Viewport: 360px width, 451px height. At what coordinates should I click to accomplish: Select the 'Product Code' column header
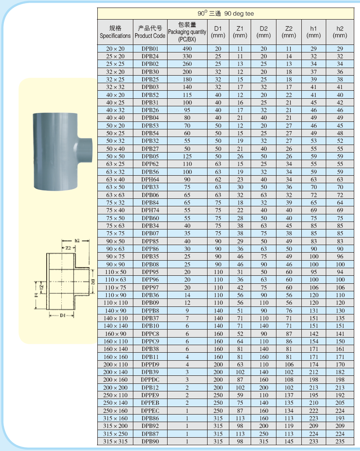(x=150, y=32)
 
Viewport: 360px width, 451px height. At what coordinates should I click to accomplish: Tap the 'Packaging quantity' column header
(x=187, y=32)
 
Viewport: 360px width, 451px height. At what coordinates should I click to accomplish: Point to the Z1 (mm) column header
(x=240, y=32)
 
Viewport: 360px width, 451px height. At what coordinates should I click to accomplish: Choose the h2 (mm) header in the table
(x=340, y=32)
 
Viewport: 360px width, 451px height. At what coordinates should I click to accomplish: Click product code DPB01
(x=150, y=48)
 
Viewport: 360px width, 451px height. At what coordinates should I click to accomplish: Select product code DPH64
(x=150, y=179)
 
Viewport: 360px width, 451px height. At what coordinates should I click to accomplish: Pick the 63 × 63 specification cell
(x=115, y=194)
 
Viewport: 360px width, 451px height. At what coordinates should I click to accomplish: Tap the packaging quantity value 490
(x=187, y=48)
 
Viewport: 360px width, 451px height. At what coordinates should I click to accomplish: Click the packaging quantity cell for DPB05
(x=187, y=156)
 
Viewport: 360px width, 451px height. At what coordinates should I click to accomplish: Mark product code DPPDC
(x=150, y=379)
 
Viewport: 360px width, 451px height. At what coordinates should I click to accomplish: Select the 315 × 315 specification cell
(x=115, y=441)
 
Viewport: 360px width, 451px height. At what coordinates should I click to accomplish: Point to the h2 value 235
(x=340, y=441)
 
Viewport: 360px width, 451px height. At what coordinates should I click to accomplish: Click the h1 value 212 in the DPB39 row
(x=314, y=372)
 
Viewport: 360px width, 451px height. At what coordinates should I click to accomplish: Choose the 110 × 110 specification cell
(x=115, y=303)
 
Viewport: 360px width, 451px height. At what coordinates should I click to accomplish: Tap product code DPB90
(x=150, y=441)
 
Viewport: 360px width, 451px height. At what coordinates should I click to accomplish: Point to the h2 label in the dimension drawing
(x=76, y=241)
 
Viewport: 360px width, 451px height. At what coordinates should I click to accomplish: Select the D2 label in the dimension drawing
(x=93, y=281)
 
